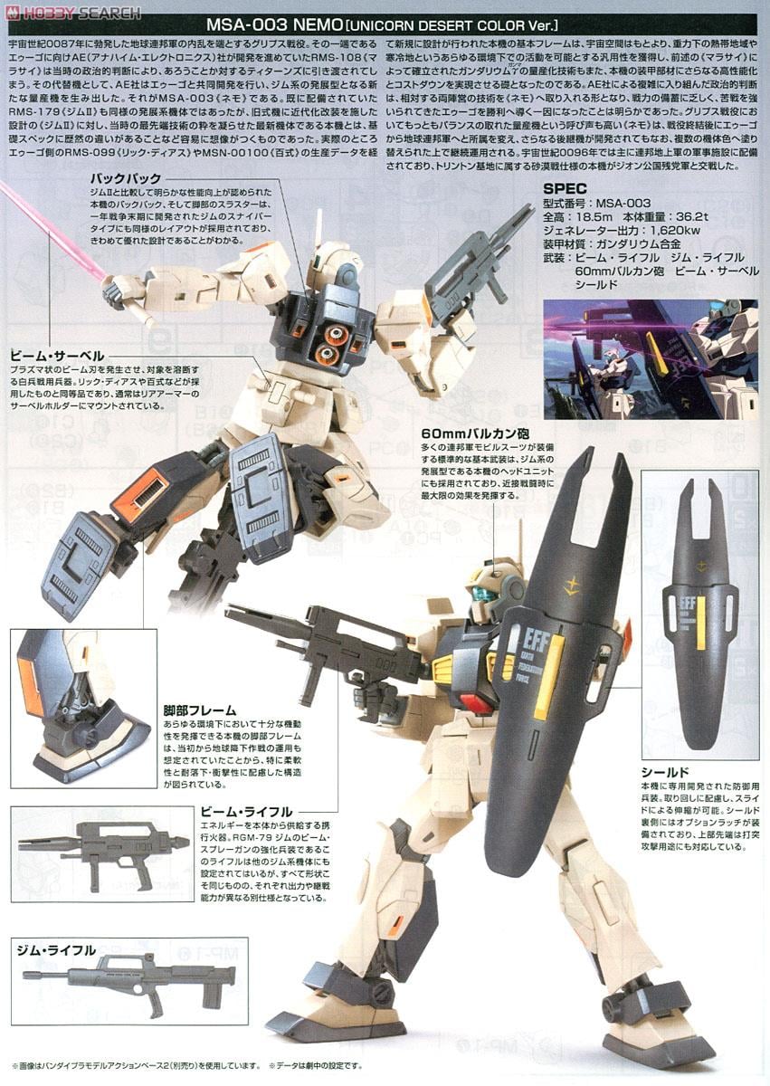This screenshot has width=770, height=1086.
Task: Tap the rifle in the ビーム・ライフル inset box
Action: point(100,851)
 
